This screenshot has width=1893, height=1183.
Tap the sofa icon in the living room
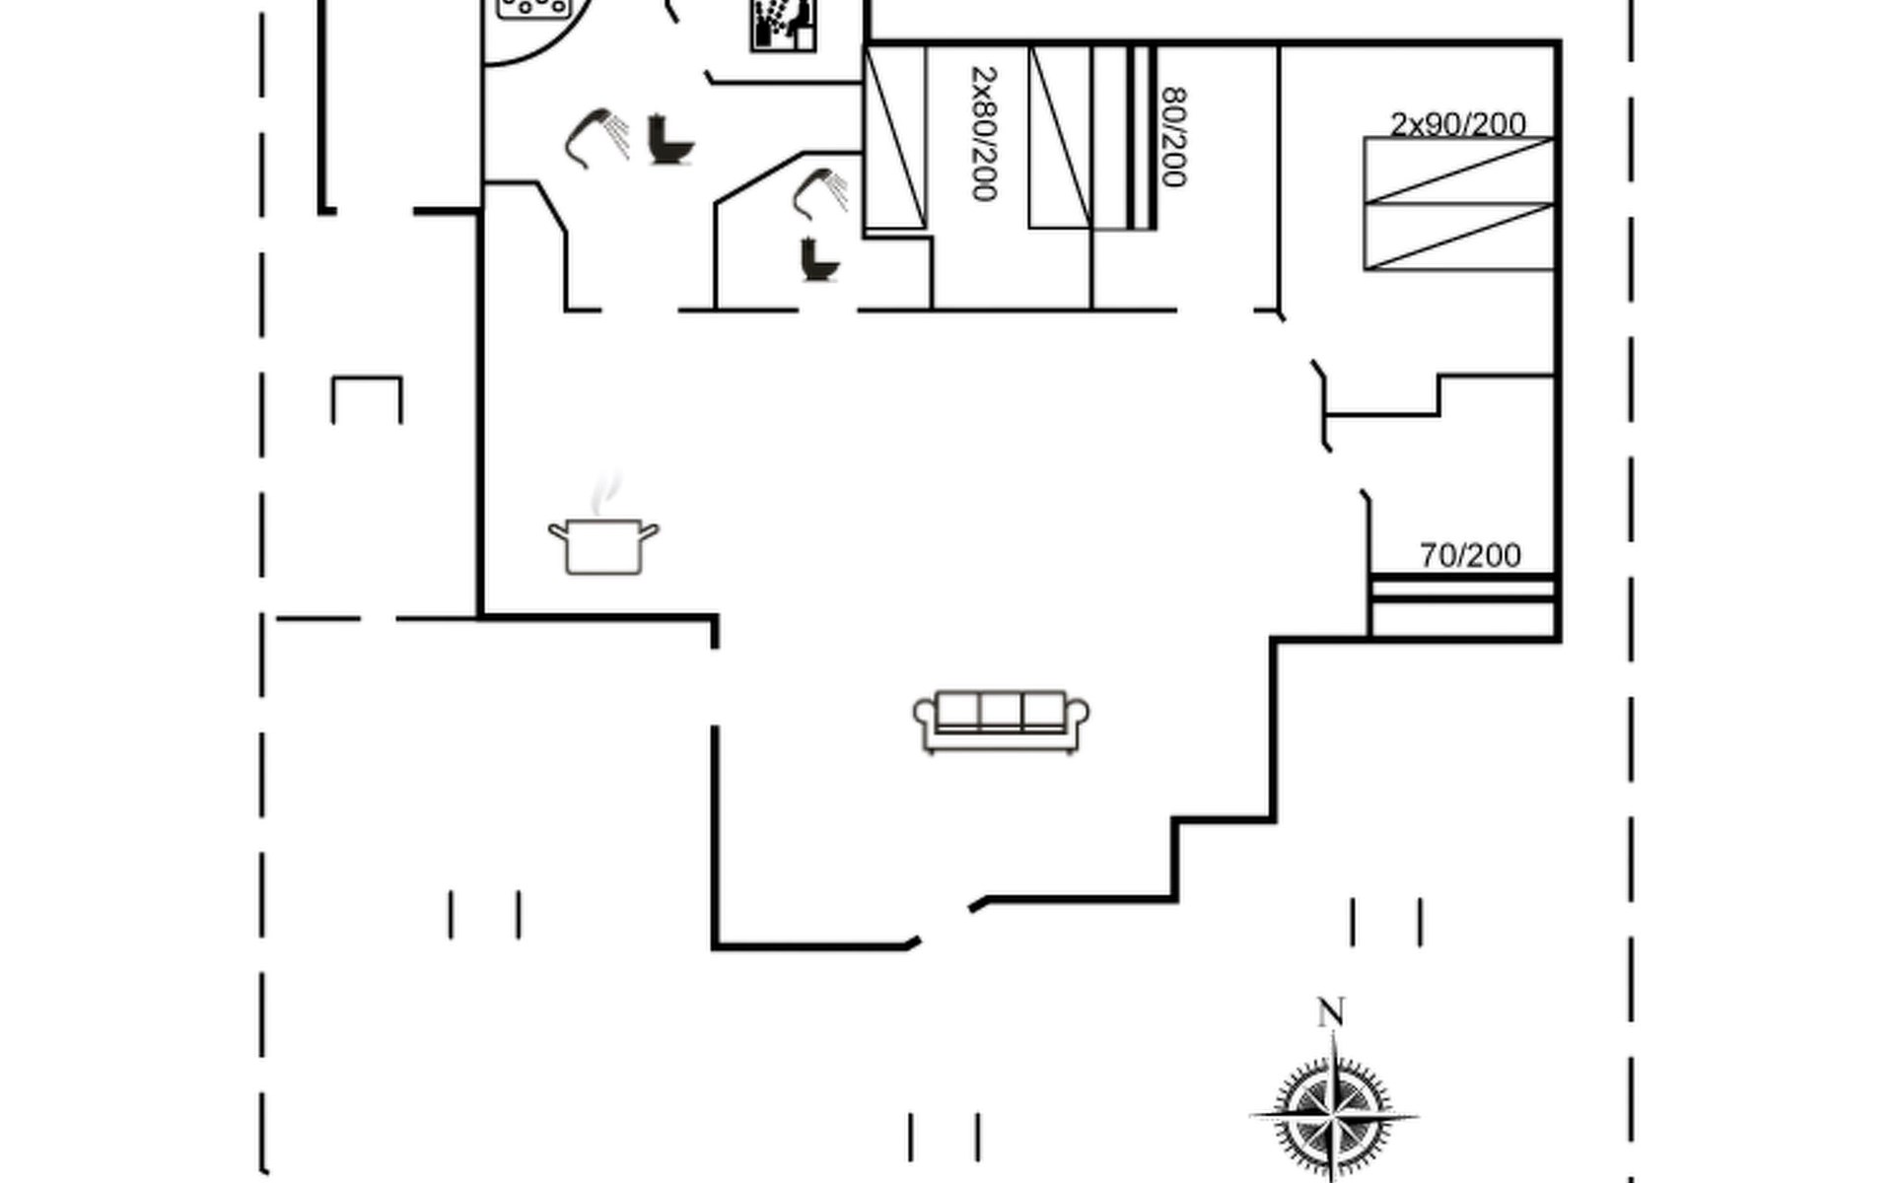coord(1001,722)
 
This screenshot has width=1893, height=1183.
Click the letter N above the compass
coord(1331,1011)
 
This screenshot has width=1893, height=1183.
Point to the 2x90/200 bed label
coord(1457,124)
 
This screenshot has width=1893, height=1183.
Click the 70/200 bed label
coord(1470,555)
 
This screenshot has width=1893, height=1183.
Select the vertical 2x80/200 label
coord(984,133)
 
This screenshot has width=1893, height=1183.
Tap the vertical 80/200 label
coord(1173,137)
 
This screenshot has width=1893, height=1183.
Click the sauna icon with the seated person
coord(784,24)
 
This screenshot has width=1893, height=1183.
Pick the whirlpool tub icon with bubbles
coord(534,8)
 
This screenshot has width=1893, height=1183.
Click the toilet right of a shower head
coord(671,140)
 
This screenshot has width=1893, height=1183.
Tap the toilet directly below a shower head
coord(818,259)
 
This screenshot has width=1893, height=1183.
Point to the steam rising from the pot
coord(606,493)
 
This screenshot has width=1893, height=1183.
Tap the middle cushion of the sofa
coord(1001,710)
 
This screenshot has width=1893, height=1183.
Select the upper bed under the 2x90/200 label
coord(1459,171)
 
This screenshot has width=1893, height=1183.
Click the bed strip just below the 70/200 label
coord(1463,588)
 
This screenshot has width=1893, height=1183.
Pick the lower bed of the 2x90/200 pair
coord(1459,237)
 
